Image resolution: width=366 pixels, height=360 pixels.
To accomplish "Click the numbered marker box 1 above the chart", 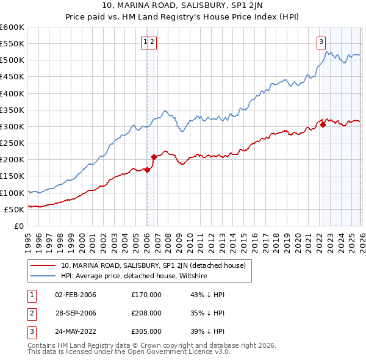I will [x=146, y=42].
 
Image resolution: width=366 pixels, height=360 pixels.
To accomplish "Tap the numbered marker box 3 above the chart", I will [x=321, y=42].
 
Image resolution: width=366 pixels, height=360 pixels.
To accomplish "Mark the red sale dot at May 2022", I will [x=323, y=125].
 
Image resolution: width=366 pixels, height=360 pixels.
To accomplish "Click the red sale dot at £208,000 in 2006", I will [x=154, y=157].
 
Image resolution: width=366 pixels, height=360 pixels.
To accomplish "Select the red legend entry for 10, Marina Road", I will [x=152, y=265].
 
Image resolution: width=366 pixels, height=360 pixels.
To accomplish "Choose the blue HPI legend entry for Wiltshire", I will [x=134, y=276].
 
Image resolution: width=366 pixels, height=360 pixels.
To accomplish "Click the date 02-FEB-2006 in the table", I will [x=76, y=295].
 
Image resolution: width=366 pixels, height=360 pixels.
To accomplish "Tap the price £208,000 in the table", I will [x=146, y=313].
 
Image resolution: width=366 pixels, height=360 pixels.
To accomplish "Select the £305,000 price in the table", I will [x=146, y=331].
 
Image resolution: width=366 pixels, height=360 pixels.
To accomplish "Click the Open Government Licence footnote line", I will [x=129, y=352].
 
